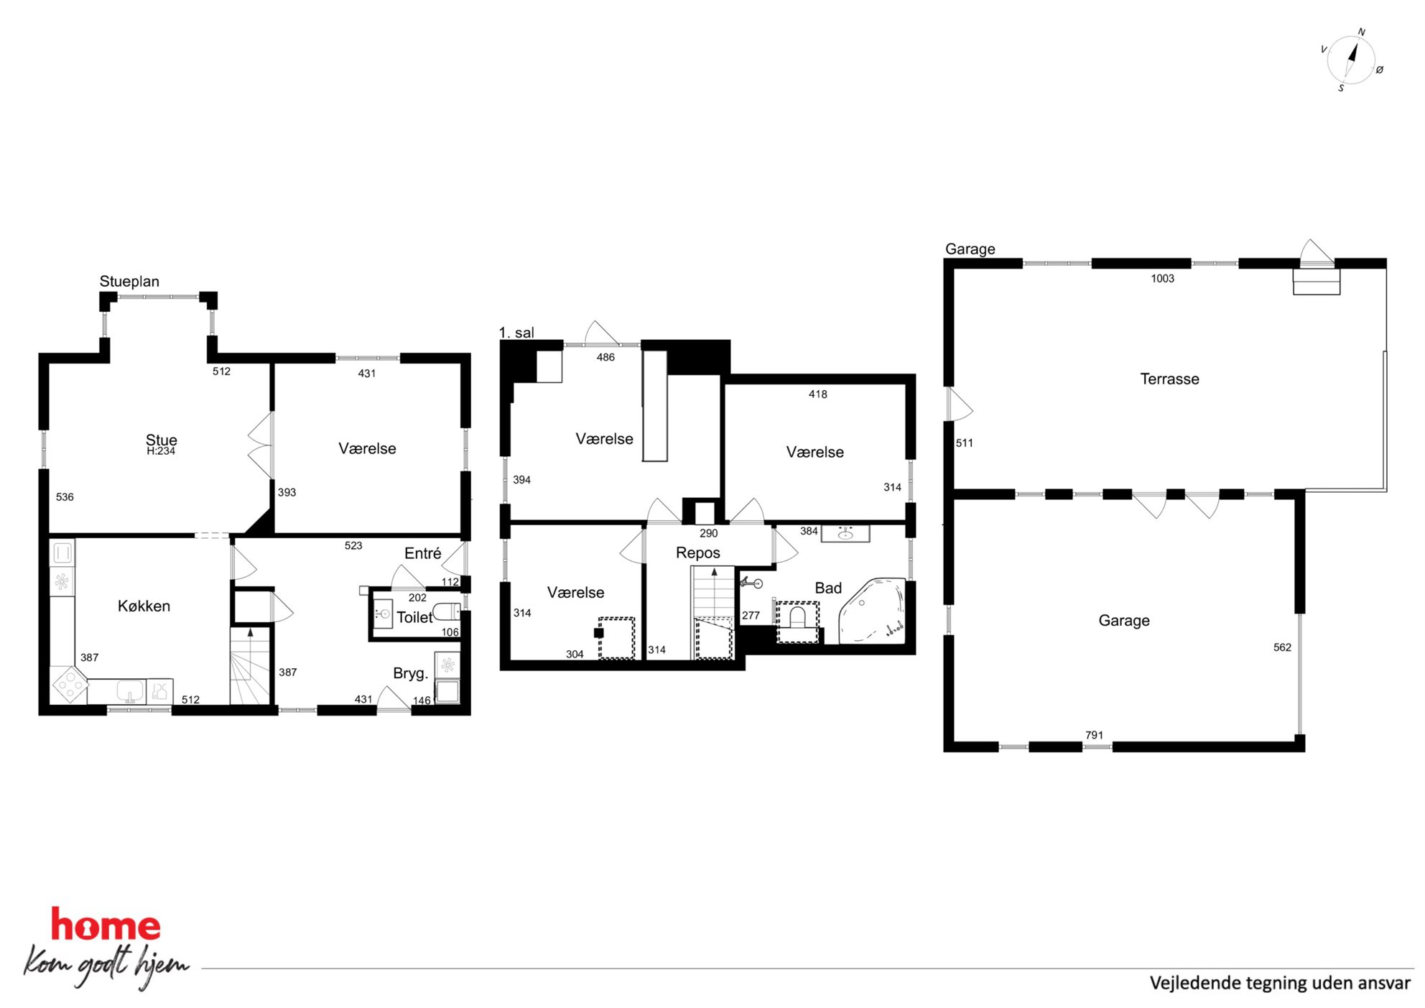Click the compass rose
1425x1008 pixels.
pos(1351,60)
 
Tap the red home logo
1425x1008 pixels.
pos(106,925)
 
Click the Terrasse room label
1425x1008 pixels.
pos(1169,379)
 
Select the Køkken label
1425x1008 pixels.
pos(144,606)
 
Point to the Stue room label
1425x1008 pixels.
pos(161,439)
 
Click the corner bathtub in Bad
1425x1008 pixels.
pos(873,610)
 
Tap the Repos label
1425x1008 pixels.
pos(697,552)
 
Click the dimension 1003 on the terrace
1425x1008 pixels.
pos(1162,278)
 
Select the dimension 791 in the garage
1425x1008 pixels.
pos(1094,735)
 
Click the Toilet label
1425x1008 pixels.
pos(414,617)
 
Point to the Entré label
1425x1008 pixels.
pos(422,553)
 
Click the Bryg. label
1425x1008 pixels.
pos(410,673)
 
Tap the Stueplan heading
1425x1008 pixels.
pos(129,281)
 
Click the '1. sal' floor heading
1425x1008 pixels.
pos(516,333)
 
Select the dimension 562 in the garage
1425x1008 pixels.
pos(1282,647)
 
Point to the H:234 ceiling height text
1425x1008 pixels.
pos(161,451)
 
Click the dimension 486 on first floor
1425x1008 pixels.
pos(605,357)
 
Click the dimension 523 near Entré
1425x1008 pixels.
pos(353,545)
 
